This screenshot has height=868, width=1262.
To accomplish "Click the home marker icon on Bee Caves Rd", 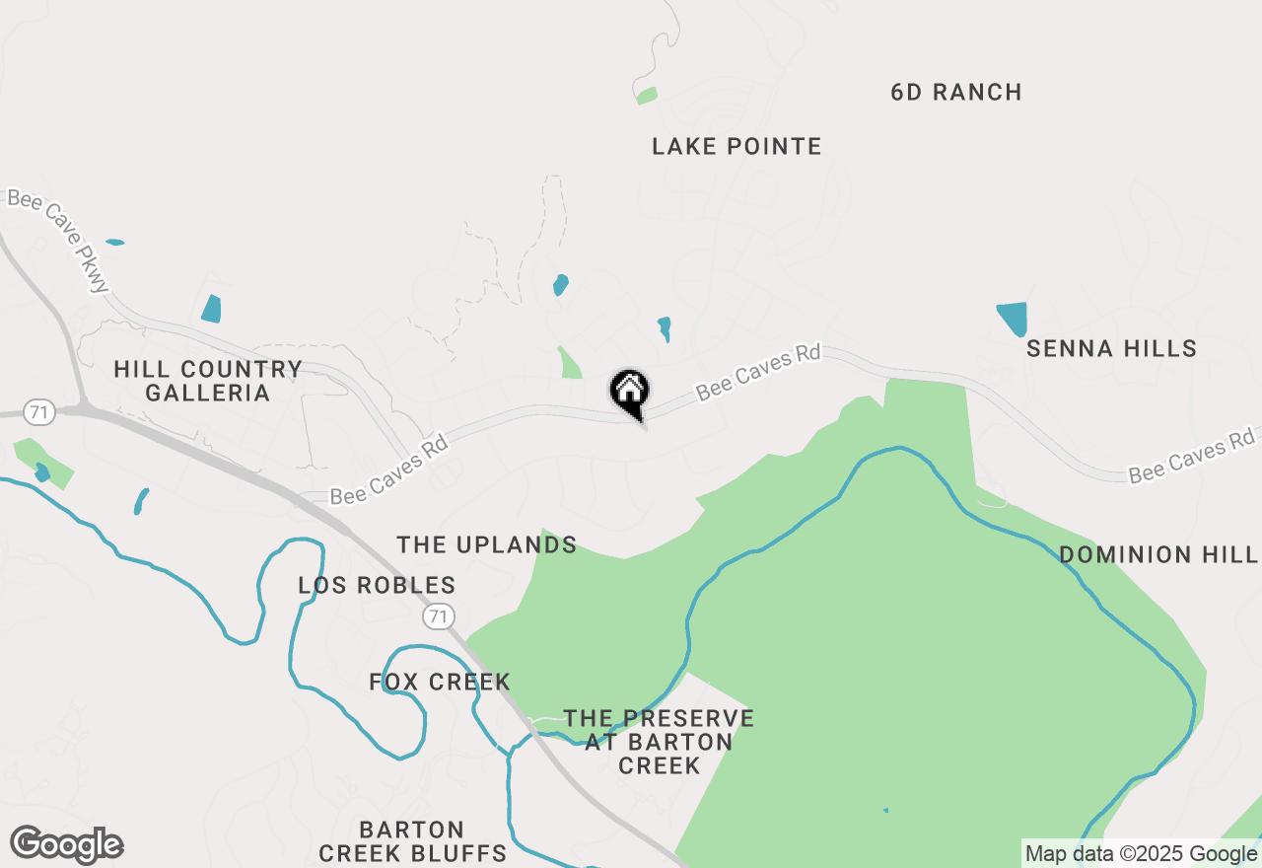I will click(629, 392).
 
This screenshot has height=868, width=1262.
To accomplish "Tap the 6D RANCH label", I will click(955, 93).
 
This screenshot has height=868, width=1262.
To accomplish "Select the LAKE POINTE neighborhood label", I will click(736, 147).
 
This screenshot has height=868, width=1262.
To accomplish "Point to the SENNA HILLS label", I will click(1111, 348).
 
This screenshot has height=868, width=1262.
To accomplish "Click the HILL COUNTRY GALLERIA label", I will click(207, 381).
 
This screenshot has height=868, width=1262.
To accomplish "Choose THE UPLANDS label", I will click(486, 544).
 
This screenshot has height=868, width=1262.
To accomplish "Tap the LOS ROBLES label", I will click(377, 586).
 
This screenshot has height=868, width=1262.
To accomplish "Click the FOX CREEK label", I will click(440, 682).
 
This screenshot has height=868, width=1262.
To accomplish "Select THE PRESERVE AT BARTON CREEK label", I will click(659, 742).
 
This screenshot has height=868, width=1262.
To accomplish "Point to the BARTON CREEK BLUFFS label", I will click(412, 841).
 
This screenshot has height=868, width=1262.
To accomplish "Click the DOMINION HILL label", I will click(1158, 554).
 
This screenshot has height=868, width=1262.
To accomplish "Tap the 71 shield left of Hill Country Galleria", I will click(40, 411).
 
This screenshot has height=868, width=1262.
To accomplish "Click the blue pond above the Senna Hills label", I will click(1013, 318).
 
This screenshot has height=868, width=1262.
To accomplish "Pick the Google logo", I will click(67, 845).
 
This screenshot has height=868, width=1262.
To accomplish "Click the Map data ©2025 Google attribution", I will click(1141, 854).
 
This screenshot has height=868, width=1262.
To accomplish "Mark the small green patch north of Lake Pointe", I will click(647, 96).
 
